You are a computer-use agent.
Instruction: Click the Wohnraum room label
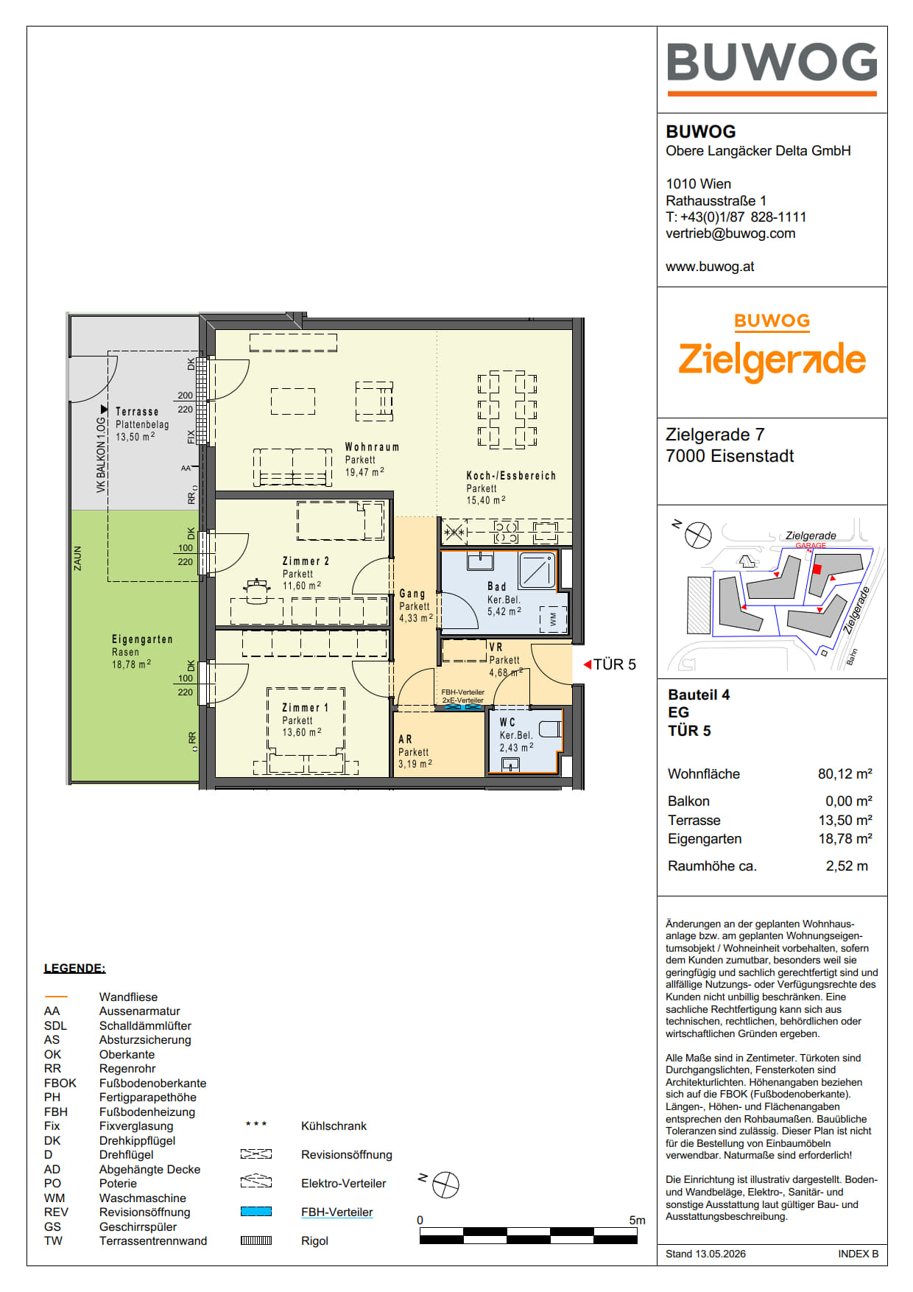click(373, 447)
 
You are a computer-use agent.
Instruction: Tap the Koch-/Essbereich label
click(511, 476)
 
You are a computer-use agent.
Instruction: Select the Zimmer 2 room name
click(306, 561)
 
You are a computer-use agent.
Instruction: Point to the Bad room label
click(497, 587)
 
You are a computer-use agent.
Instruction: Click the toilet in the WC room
click(550, 729)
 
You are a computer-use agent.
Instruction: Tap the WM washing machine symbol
click(553, 619)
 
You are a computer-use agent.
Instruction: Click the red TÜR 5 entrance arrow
click(588, 664)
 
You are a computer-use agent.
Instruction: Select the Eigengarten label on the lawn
click(142, 639)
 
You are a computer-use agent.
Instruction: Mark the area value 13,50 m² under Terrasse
click(135, 437)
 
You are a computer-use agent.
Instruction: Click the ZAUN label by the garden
click(77, 558)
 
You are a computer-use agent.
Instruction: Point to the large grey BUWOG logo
click(772, 62)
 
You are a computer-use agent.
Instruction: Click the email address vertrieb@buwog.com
click(730, 234)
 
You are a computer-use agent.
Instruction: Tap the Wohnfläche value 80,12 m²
click(845, 774)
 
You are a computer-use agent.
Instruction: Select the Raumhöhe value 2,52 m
click(847, 866)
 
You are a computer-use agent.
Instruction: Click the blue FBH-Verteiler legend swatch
click(256, 1212)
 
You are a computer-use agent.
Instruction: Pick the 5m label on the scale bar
click(637, 1221)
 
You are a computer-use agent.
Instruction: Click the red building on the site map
click(816, 569)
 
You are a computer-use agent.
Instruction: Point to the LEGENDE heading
click(74, 969)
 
